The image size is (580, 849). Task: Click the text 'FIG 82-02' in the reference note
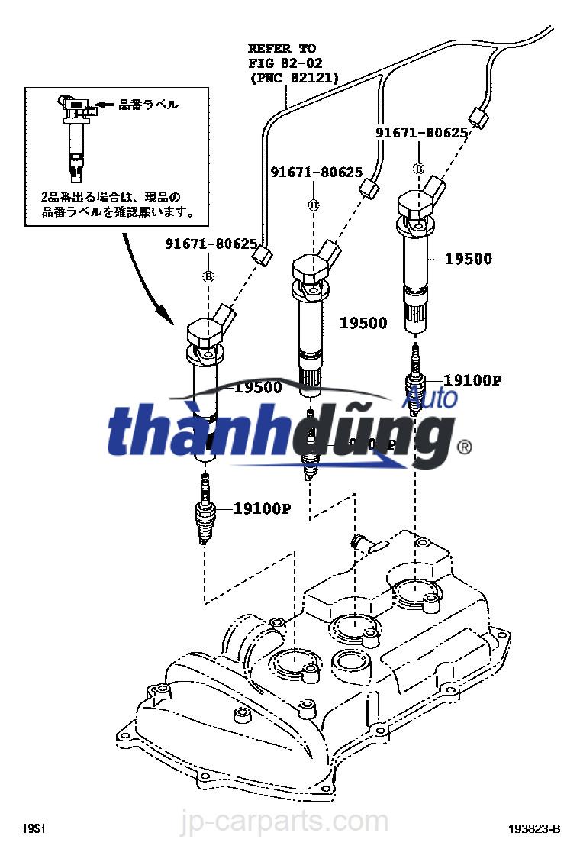tap(282, 63)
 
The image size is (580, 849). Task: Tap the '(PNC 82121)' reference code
tap(294, 77)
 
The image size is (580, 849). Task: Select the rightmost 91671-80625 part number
tap(421, 133)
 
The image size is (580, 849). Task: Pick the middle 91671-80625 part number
tap(316, 173)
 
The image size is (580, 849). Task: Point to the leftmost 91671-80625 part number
tap(211, 244)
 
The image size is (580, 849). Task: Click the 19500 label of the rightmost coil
tap(469, 259)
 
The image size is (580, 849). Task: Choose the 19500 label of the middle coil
tap(363, 324)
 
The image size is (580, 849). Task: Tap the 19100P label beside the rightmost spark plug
tap(472, 379)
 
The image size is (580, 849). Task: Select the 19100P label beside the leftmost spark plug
tap(262, 508)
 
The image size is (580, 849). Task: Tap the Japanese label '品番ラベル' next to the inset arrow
tap(148, 105)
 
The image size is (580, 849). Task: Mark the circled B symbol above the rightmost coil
tap(418, 168)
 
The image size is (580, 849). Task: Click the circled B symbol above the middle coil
tap(313, 205)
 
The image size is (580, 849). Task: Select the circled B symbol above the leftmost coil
tap(208, 276)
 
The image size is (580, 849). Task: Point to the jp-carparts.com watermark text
tap(291, 822)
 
